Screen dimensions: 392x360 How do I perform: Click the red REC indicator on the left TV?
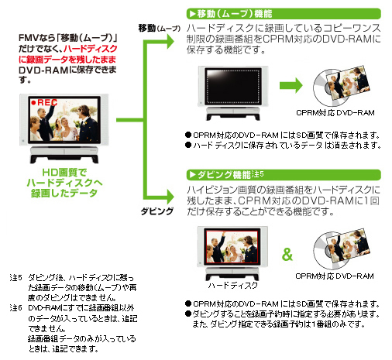44,102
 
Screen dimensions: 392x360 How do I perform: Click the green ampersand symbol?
287,254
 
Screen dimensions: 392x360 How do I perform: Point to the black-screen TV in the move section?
233,93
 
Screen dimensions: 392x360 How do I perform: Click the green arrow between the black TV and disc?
291,85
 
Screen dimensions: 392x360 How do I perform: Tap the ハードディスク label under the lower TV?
233,285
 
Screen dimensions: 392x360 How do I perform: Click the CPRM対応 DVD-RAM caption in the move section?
335,113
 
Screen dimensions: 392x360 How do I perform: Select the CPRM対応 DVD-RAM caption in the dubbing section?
335,276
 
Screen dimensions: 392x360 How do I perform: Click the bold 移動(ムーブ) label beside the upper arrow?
159,28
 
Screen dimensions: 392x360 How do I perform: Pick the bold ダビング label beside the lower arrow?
157,211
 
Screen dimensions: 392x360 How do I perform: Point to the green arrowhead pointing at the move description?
170,41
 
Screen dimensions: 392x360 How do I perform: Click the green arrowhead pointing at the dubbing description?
170,197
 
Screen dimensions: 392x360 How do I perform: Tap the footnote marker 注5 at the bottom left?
16,278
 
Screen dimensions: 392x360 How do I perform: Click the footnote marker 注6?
16,308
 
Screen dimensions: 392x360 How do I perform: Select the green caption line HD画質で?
64,173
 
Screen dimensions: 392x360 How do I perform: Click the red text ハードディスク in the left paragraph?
91,49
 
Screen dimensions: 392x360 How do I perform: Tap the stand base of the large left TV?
64,155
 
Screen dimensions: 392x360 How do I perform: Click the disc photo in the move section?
342,85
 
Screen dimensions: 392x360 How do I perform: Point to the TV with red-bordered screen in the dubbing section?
232,254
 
